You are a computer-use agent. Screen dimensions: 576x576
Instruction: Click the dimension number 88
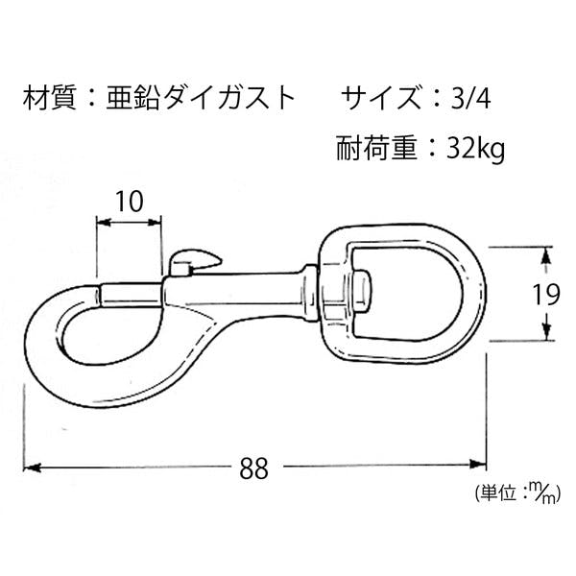(253, 468)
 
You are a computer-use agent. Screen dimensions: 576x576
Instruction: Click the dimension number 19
(546, 294)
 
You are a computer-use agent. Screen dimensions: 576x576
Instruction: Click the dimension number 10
(130, 202)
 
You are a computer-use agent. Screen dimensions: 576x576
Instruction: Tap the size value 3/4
(471, 98)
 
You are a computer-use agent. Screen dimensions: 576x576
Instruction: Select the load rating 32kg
(475, 150)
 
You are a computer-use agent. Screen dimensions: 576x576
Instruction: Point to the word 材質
(49, 98)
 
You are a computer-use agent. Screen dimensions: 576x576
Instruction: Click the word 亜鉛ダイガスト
(201, 98)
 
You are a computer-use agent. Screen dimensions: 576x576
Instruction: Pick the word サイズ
(379, 98)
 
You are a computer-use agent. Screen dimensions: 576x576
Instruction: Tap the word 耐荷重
(376, 149)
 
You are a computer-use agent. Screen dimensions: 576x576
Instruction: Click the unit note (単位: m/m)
(517, 493)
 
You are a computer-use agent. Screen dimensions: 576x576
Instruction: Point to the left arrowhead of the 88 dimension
(31, 468)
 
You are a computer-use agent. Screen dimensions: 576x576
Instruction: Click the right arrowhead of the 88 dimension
(478, 464)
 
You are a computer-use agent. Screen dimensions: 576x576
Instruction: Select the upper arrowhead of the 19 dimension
(546, 255)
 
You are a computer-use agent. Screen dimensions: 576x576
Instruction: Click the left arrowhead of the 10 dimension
(104, 222)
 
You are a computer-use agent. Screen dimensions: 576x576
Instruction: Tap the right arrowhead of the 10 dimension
(155, 222)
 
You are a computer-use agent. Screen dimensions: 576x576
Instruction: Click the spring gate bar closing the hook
(131, 296)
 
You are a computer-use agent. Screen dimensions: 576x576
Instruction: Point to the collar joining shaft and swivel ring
(311, 293)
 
